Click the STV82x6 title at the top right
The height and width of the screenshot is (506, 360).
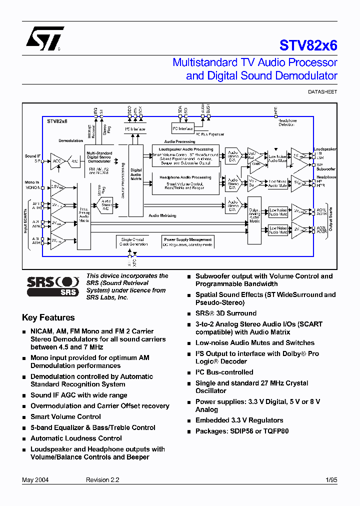pyautogui.click(x=308, y=45)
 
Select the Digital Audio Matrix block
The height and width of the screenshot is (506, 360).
pyautogui.click(x=136, y=173)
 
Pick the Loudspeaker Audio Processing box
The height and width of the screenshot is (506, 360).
pyautogui.click(x=185, y=155)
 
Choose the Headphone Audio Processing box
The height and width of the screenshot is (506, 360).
pyautogui.click(x=185, y=183)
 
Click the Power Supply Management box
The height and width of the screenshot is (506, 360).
pyautogui.click(x=188, y=241)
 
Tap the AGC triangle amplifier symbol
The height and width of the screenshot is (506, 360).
pyautogui.click(x=57, y=161)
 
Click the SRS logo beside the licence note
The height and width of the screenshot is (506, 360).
pyautogui.click(x=52, y=286)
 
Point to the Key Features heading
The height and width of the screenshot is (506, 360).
pyautogui.click(x=48, y=317)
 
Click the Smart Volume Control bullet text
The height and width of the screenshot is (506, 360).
pyautogui.click(x=65, y=416)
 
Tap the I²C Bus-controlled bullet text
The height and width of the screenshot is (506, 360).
pyautogui.click(x=224, y=372)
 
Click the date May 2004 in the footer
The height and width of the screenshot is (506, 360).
pyautogui.click(x=35, y=480)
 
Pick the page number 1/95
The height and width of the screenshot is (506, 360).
pyautogui.click(x=331, y=480)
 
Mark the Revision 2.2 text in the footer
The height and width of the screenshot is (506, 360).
pyautogui.click(x=102, y=480)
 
